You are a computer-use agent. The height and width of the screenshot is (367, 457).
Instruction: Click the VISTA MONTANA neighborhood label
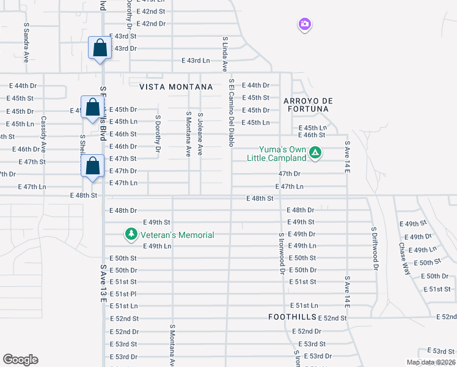(x=176, y=87)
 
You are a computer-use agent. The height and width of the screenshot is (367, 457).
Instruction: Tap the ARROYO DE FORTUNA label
(x=305, y=104)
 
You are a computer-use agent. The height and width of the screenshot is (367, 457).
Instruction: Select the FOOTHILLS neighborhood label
(x=292, y=317)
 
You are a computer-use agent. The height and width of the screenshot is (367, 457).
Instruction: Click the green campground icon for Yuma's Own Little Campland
(x=315, y=152)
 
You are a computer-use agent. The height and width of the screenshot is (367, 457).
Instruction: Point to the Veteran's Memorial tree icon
(x=131, y=234)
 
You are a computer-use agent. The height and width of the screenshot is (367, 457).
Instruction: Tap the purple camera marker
(x=304, y=24)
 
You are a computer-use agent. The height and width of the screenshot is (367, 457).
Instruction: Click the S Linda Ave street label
(x=225, y=54)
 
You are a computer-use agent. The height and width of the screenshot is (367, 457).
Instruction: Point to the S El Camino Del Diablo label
(x=232, y=113)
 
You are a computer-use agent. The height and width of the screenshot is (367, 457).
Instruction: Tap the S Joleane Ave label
(x=200, y=133)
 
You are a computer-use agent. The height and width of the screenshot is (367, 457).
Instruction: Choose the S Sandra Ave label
(x=26, y=43)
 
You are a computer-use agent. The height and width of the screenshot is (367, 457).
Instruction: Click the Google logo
(x=20, y=360)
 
